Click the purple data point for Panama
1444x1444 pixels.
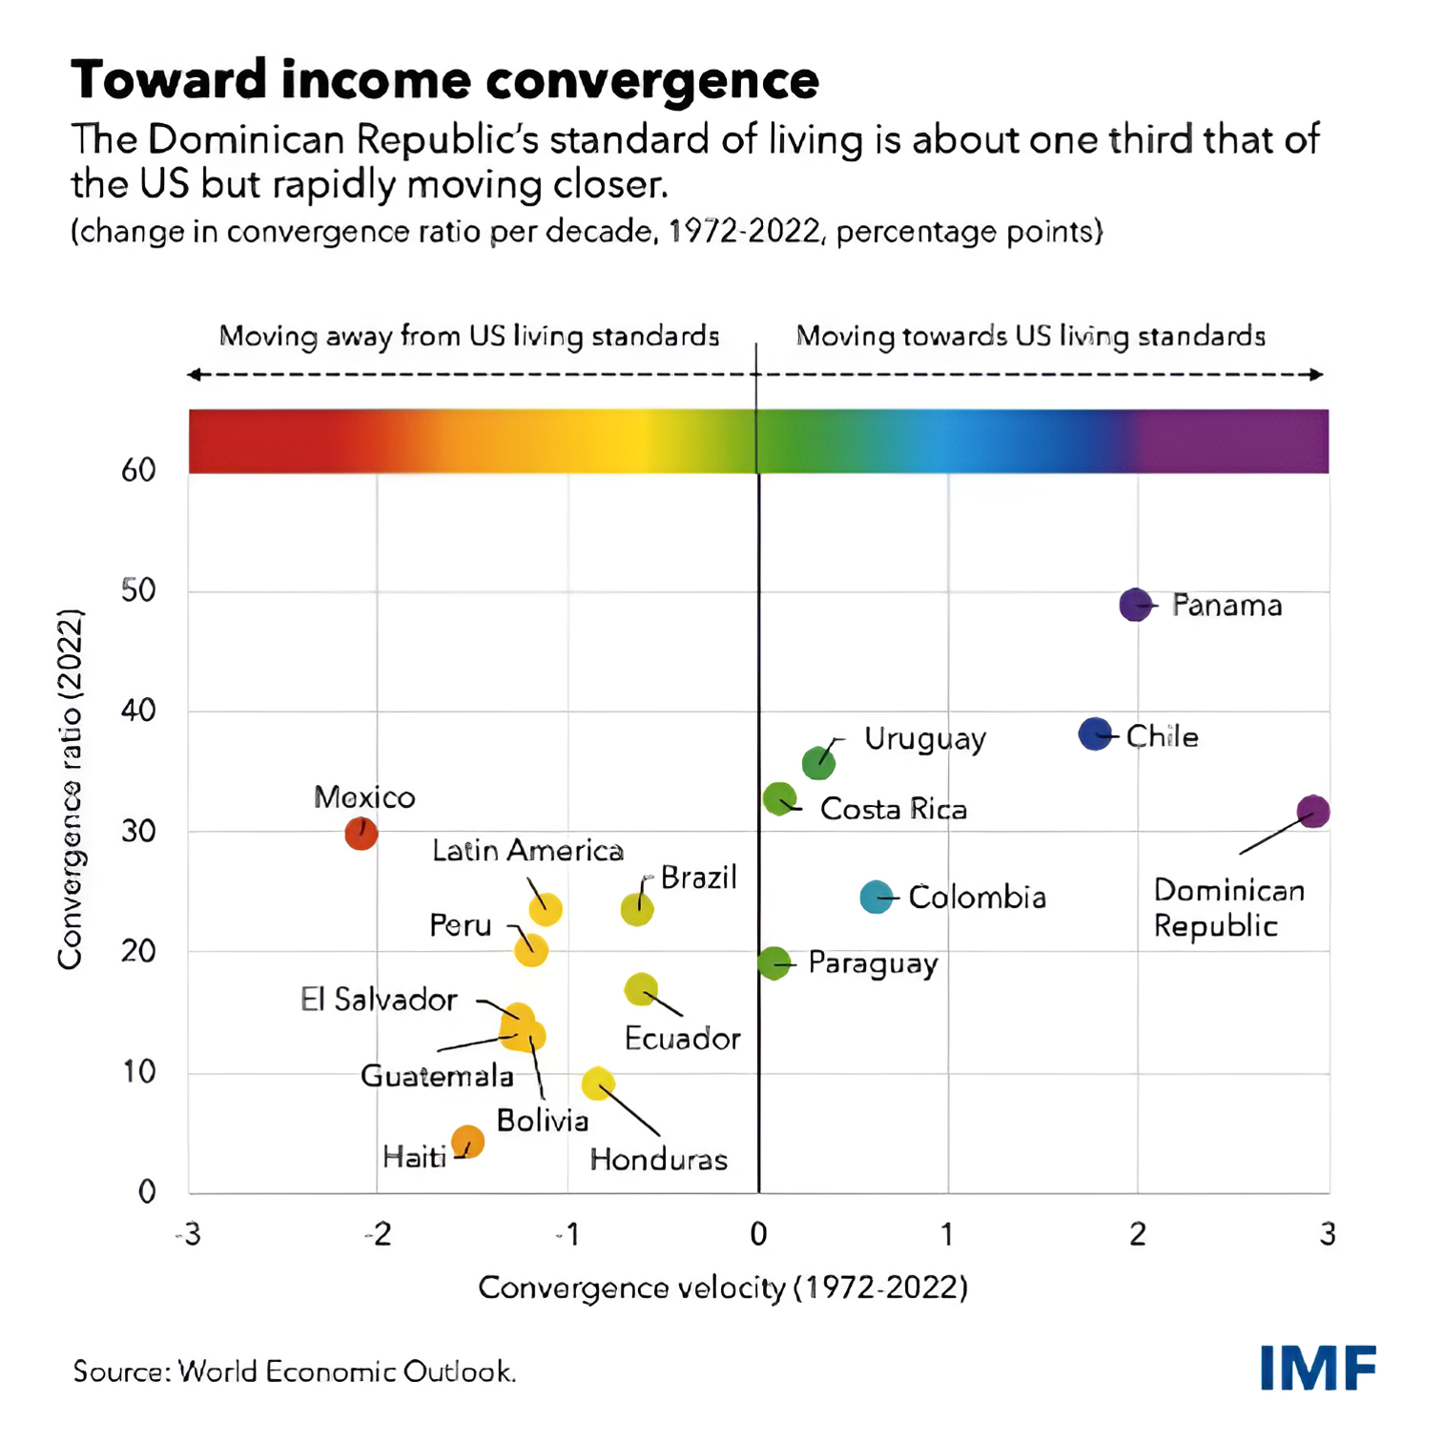coord(1135,605)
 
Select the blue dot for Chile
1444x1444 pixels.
coord(1095,733)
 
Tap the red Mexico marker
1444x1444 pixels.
coord(361,833)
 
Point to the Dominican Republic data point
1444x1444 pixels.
coord(1313,812)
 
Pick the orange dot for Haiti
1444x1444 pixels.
coord(468,1141)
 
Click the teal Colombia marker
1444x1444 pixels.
coord(876,897)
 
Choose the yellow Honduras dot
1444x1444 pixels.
coord(598,1083)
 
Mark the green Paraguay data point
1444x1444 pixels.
coord(774,963)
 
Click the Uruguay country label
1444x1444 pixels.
coord(924,739)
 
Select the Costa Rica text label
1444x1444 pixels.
coord(893,810)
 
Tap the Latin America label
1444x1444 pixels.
coord(527,851)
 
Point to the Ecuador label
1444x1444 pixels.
coord(682,1039)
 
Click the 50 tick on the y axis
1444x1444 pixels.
coord(138,590)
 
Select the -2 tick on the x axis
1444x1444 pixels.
coord(378,1234)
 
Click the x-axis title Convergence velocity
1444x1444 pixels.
coord(722,1288)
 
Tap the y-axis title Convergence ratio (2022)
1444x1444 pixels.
coord(70,790)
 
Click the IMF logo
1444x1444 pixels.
coord(1317,1368)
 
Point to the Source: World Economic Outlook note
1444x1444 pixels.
coord(295,1372)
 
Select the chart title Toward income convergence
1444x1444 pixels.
coord(444,79)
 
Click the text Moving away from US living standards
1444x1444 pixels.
coord(468,337)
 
